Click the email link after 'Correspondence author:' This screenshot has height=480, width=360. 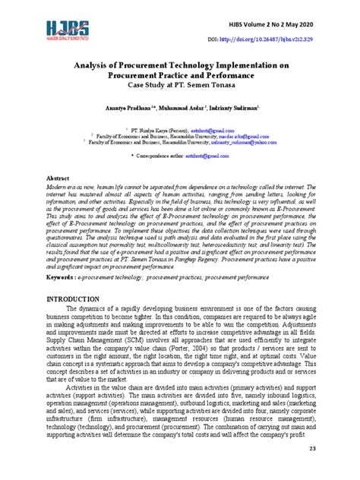(212, 155)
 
